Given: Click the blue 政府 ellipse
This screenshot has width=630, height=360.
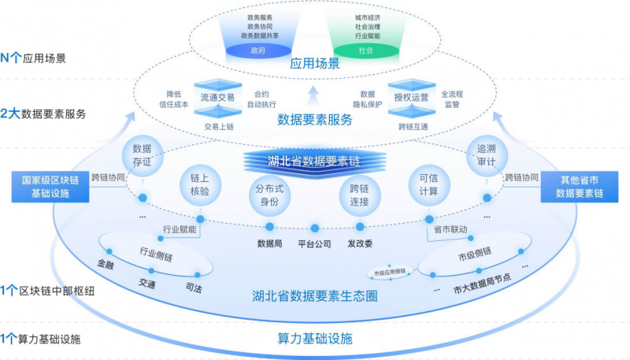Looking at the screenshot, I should click(x=258, y=50).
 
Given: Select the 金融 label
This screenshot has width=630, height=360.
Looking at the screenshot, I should click(x=106, y=265).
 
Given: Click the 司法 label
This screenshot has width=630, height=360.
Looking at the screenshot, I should click(x=193, y=288).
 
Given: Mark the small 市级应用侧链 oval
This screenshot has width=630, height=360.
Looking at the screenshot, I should click(x=391, y=272).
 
